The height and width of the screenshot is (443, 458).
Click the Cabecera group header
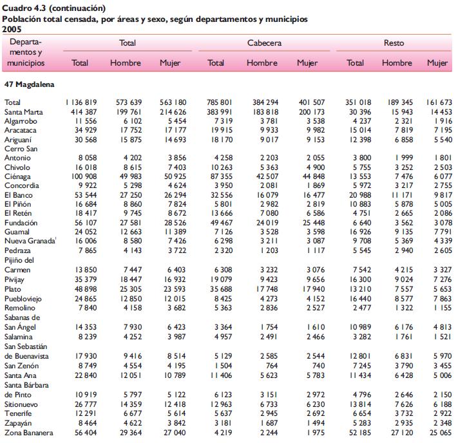tap(264, 43)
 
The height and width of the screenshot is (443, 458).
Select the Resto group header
tap(394, 43)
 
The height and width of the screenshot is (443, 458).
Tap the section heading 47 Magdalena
tap(29, 84)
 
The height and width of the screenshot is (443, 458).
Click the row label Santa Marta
tap(23, 112)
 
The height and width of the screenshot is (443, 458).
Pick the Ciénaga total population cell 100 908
tap(84, 176)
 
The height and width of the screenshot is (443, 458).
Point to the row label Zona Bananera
tap(28, 433)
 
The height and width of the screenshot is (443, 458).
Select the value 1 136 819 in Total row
tap(81, 102)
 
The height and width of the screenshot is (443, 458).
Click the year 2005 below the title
tap(12, 29)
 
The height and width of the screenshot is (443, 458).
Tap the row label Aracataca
tap(20, 130)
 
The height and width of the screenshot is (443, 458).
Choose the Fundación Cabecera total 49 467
tap(222, 223)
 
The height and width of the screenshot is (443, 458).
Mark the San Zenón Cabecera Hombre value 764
tap(272, 366)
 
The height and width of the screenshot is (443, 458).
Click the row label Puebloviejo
tap(23, 299)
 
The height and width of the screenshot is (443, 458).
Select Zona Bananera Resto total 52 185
tap(360, 433)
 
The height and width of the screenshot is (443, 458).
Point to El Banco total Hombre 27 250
tap(131, 195)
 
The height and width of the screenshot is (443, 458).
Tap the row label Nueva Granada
tap(30, 241)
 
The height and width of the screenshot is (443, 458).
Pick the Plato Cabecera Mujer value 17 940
tap(314, 289)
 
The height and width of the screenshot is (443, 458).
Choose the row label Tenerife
tap(18, 413)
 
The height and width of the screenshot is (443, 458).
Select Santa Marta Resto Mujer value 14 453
tap(441, 112)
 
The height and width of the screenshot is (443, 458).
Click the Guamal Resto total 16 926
tap(360, 232)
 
